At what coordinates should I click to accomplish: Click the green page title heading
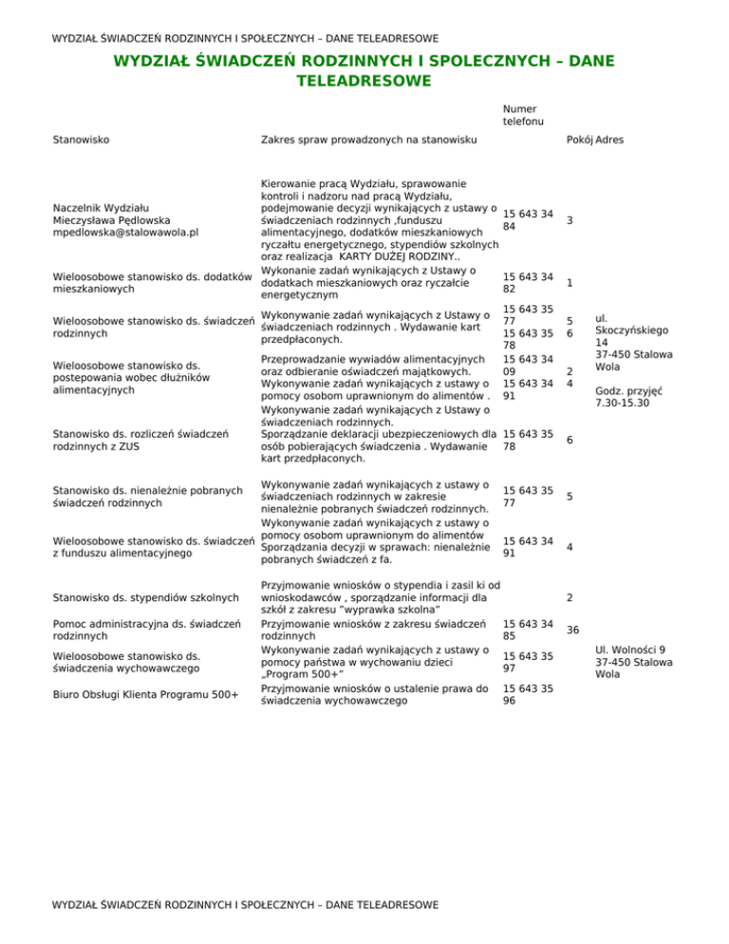(x=364, y=71)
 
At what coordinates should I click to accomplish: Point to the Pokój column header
(x=578, y=140)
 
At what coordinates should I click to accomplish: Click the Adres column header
(x=609, y=140)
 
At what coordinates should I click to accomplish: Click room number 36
(x=573, y=631)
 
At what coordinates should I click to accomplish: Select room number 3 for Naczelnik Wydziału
(x=568, y=220)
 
